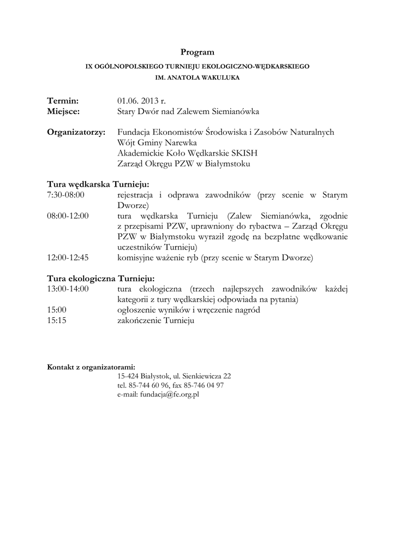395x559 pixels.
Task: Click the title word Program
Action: click(197, 52)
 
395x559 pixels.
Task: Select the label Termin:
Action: click(63, 101)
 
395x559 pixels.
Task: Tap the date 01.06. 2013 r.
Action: click(141, 101)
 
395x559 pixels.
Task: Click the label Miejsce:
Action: click(63, 111)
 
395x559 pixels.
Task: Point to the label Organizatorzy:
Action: click(76, 132)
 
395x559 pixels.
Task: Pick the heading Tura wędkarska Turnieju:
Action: click(98, 185)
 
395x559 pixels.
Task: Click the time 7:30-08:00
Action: click(66, 195)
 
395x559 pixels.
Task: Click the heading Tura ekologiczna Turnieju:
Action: click(101, 278)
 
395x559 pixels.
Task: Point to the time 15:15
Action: click(57, 321)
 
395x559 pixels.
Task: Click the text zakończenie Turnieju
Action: click(155, 321)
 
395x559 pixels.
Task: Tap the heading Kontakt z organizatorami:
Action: click(91, 367)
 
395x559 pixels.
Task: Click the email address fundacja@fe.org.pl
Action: click(170, 394)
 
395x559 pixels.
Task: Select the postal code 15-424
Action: click(127, 376)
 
